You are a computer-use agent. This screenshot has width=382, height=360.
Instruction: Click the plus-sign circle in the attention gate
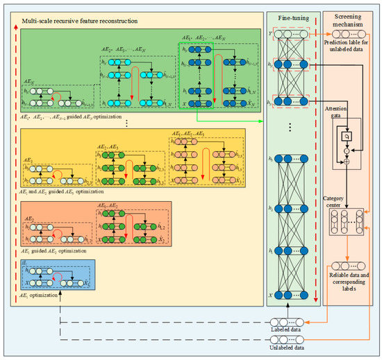click(346, 161)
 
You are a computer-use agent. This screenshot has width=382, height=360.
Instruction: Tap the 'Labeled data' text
click(286, 331)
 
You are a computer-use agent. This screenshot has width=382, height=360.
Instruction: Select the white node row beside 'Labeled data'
click(286, 322)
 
